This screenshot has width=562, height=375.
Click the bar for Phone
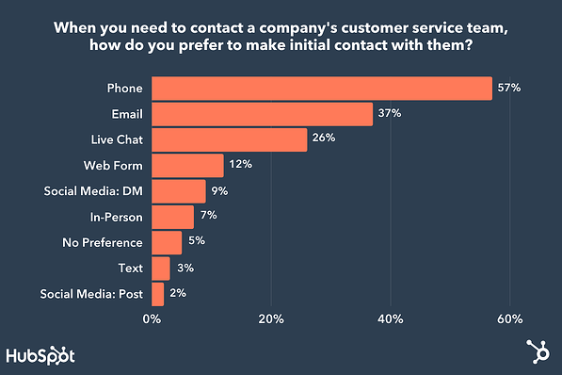tap(321, 89)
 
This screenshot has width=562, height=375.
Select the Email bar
tap(262, 114)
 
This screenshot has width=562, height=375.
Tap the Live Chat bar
tap(229, 139)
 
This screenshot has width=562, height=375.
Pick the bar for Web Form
tap(187, 166)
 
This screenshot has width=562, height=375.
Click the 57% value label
tap(509, 89)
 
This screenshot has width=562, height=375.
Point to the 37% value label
tap(390, 114)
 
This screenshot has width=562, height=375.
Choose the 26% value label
tap(324, 139)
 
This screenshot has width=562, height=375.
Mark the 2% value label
tap(177, 294)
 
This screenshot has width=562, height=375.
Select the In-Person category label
tap(116, 217)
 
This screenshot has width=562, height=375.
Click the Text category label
tap(130, 269)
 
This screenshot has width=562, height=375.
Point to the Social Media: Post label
tap(92, 294)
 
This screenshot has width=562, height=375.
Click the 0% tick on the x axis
tap(152, 318)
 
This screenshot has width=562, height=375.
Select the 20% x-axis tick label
tap(271, 318)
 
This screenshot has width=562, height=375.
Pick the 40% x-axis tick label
tap(391, 318)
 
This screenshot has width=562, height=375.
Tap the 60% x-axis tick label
tap(510, 318)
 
